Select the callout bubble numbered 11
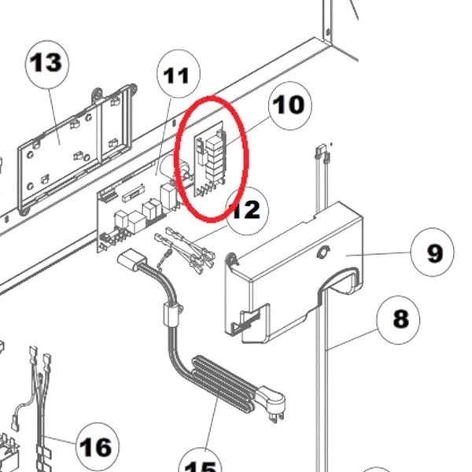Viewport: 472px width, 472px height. click(x=176, y=76)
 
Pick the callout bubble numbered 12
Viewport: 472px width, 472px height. click(x=245, y=210)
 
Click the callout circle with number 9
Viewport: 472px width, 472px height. click(x=434, y=253)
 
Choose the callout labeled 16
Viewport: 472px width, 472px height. click(x=96, y=447)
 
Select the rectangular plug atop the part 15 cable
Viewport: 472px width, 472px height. click(x=129, y=260)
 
